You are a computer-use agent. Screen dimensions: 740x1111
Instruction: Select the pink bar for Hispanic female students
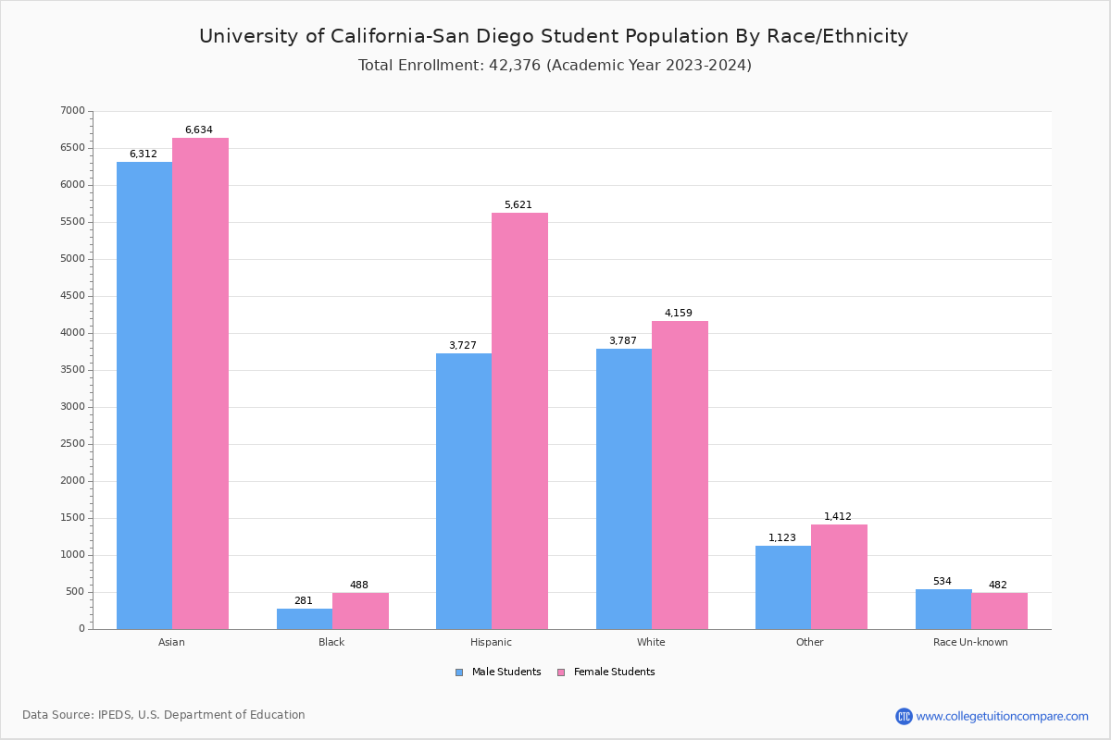tap(519, 421)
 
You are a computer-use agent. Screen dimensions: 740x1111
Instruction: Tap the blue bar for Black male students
tap(305, 619)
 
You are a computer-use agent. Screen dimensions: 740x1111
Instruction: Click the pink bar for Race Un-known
tap(999, 611)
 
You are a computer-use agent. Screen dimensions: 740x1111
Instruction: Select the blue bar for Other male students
tap(783, 587)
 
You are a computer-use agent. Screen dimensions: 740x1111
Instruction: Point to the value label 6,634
tap(199, 130)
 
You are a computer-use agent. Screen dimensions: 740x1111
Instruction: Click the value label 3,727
tap(463, 346)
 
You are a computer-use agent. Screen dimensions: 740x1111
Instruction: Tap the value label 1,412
tap(838, 517)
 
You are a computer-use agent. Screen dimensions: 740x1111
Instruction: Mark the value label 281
tap(304, 601)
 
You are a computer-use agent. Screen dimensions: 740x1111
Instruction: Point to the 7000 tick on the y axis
tap(72, 111)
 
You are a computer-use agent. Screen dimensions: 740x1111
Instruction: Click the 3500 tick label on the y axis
tap(72, 370)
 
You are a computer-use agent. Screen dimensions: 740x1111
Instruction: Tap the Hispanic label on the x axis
tap(491, 642)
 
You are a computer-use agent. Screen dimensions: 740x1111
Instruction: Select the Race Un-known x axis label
tap(970, 642)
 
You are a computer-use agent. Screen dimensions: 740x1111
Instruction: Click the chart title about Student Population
tap(554, 36)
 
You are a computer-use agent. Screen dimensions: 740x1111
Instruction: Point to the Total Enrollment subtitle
tap(555, 66)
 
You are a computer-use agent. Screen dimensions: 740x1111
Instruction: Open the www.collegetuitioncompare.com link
tap(1002, 716)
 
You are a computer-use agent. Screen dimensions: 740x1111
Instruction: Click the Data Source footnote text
tap(164, 715)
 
